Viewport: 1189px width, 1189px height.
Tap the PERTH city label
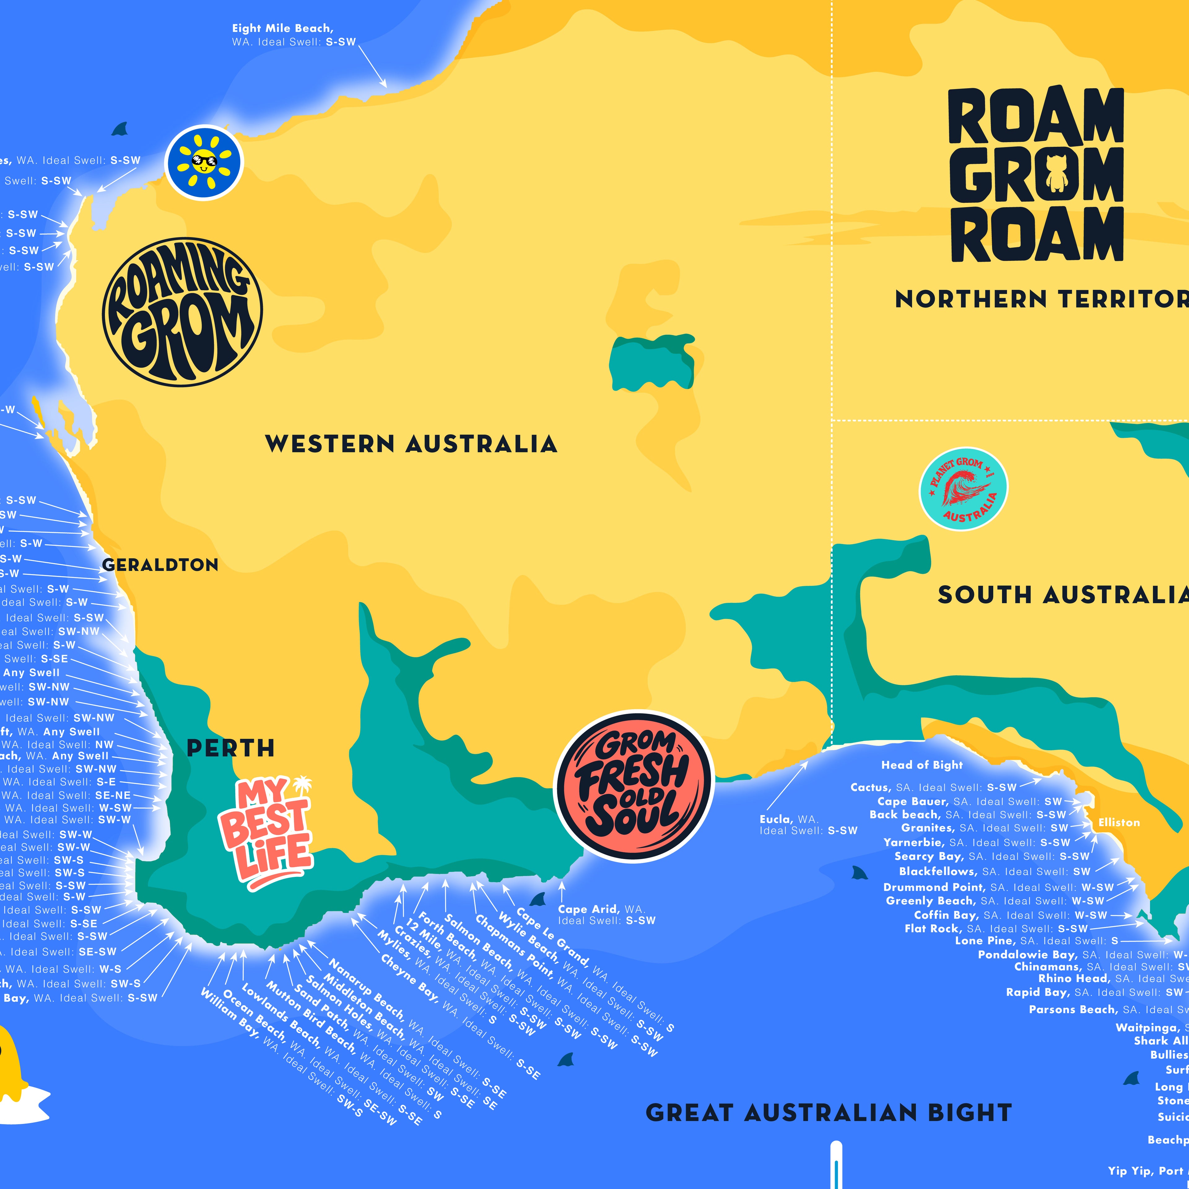click(x=230, y=748)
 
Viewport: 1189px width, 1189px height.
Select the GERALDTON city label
click(x=160, y=565)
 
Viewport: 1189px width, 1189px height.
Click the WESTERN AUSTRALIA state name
click(x=411, y=444)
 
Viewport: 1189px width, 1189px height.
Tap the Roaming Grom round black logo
click(x=182, y=312)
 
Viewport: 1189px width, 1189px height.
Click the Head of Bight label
click(x=921, y=765)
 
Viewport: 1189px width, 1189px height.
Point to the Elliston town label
click(x=1119, y=822)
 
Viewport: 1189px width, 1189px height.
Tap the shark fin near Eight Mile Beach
click(x=120, y=129)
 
